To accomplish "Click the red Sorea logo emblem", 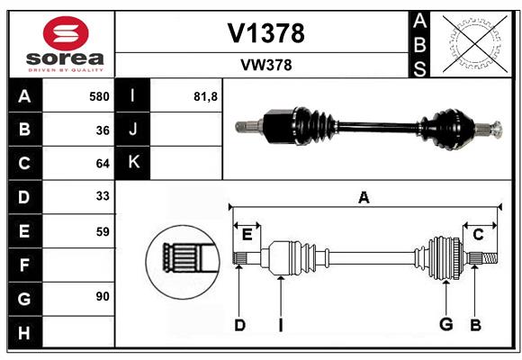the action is pos(66,33).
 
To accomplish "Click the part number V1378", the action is pos(265,33).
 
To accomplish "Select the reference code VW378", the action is pos(266,66).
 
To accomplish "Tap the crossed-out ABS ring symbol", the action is pos(475,43).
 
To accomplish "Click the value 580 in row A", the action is pos(99,96).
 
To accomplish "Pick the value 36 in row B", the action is pos(103,130).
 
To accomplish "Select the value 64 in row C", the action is pos(103,164).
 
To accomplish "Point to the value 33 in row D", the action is pos(103,196).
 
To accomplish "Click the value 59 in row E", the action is pos(103,231).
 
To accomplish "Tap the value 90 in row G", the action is pos(103,296).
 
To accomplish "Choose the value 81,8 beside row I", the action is pos(205,97).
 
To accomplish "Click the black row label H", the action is pos(24,333).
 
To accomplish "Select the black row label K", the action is pos(133,162).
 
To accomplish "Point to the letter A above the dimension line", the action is pos(364,197).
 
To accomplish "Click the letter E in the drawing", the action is pos(247,235).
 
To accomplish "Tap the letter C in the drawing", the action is pos(478,235).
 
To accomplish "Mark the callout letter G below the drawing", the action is pos(446,324).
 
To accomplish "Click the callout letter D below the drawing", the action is pos(239,325).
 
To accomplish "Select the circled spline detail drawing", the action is pos(183,262).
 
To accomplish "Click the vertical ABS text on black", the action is pos(419,45).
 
